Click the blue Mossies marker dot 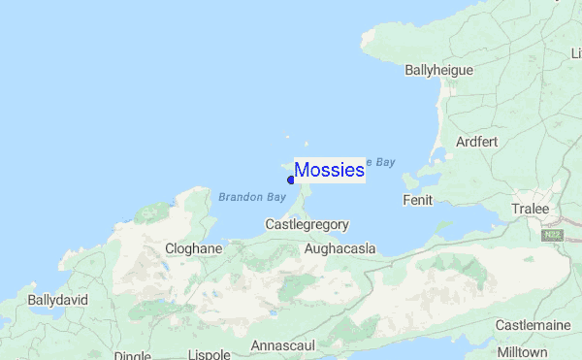(291, 180)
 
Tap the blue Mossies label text (329, 170)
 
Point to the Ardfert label (481, 142)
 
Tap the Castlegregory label (307, 224)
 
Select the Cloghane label (194, 248)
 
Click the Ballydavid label (58, 300)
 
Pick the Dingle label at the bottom (132, 355)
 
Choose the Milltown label (522, 351)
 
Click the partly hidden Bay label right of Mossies (381, 161)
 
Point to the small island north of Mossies (287, 138)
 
